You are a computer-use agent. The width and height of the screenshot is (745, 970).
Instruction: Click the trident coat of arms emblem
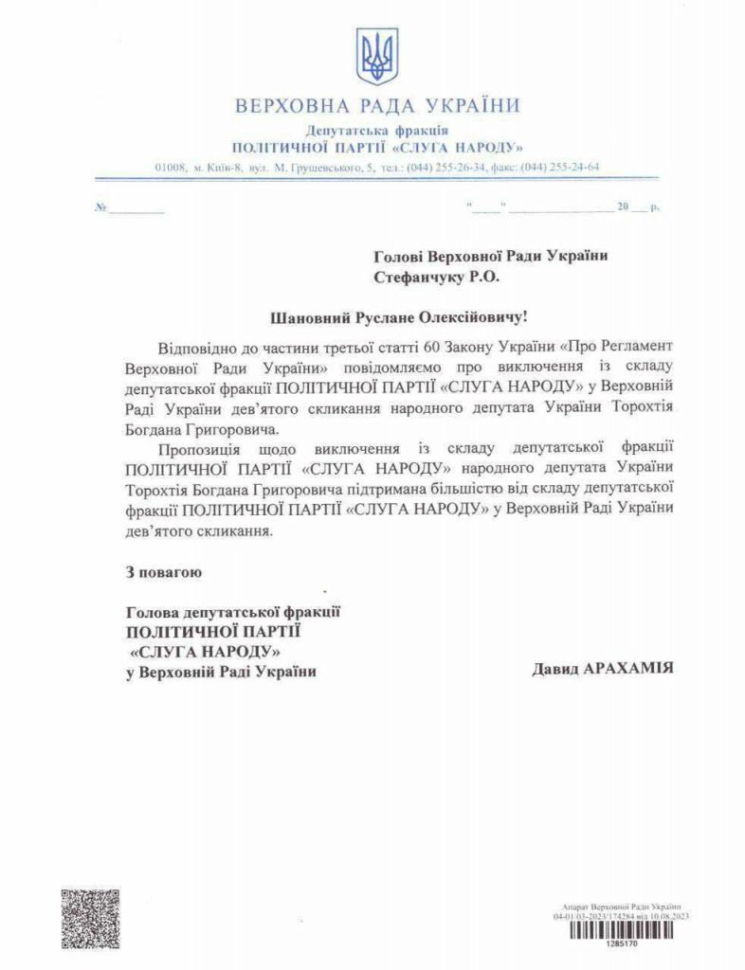pos(376,57)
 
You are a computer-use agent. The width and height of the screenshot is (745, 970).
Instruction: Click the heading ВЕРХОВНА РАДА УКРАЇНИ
pos(376,105)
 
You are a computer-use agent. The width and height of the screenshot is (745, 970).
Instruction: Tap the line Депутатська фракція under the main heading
pos(377,130)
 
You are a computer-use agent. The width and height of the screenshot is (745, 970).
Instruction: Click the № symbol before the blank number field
pos(100,207)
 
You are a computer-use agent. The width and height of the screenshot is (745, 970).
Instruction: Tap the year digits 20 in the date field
pos(623,207)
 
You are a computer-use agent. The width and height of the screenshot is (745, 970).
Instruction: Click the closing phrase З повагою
pos(163,572)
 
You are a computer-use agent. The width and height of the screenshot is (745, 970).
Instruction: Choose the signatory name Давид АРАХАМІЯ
pos(603,668)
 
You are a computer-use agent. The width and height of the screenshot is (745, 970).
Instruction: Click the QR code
pos(91,918)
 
